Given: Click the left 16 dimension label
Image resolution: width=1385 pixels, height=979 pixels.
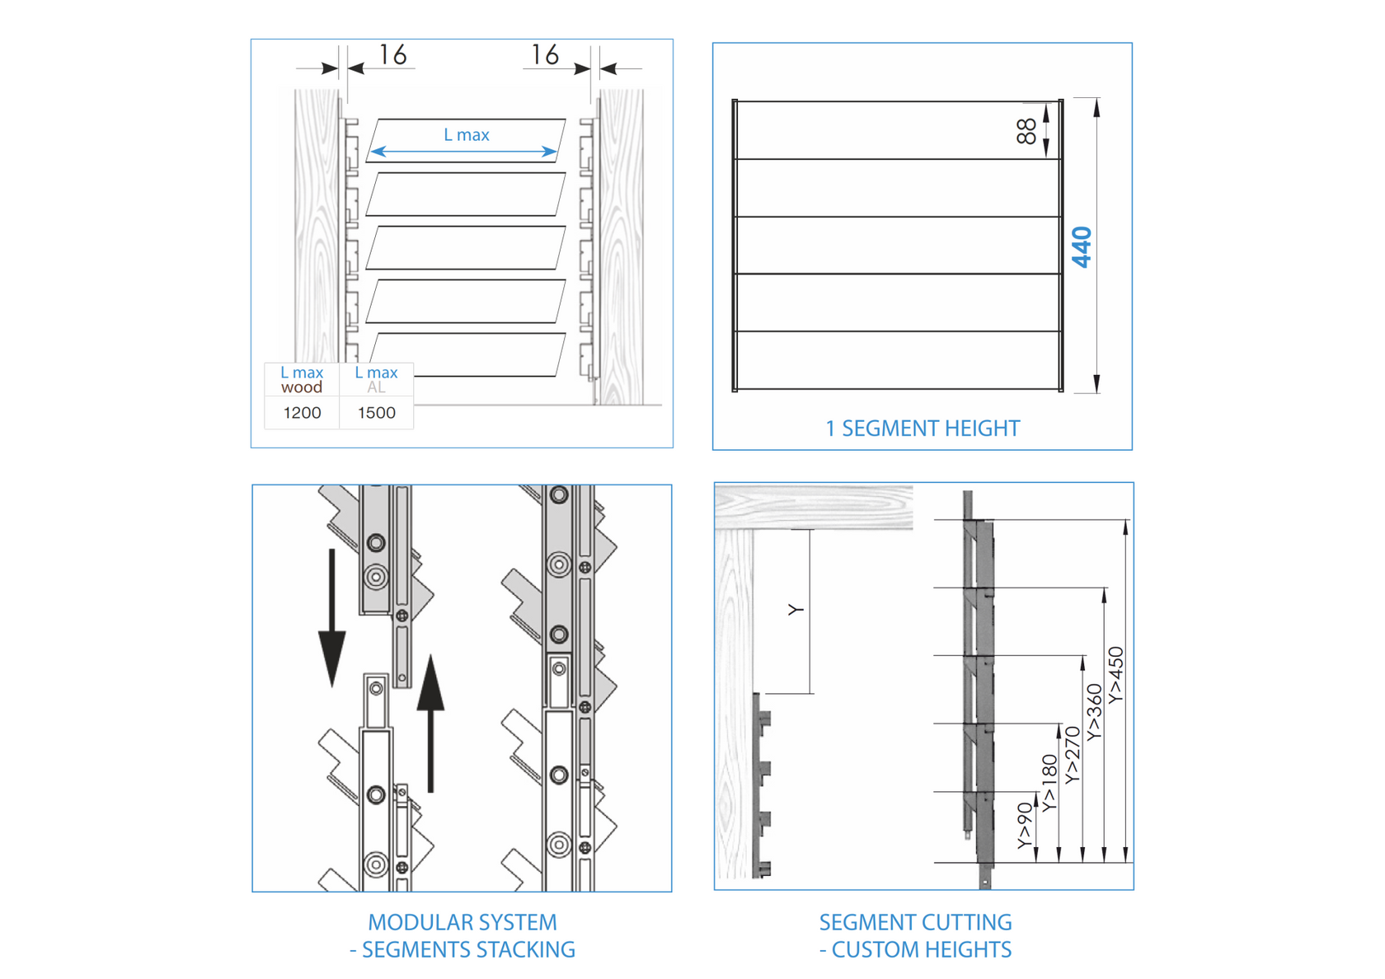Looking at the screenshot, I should tap(392, 55).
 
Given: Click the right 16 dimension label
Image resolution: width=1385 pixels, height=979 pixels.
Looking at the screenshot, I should tap(545, 55).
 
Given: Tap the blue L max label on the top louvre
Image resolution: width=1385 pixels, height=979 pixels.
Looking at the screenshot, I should tap(467, 135).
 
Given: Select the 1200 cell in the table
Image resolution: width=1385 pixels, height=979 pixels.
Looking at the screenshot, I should tap(302, 413).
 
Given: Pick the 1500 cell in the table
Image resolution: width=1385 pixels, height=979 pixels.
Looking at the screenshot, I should tap(376, 413).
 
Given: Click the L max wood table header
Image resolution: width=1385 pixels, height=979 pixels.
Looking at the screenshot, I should tap(302, 380).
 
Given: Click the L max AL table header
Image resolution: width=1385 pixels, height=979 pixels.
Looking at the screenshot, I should tap(376, 380).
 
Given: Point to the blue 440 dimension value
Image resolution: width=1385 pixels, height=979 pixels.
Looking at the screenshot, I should tap(1082, 247).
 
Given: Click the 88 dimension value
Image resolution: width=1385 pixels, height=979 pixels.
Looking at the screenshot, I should tap(1026, 131).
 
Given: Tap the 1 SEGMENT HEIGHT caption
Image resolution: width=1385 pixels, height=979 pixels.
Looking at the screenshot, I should tap(923, 429).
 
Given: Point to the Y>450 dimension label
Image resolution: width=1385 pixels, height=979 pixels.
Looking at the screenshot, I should tap(1115, 676).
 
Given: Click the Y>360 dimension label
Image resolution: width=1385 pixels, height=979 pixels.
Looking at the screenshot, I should tap(1094, 713).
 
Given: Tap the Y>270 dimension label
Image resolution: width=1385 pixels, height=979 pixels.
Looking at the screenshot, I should tap(1072, 755).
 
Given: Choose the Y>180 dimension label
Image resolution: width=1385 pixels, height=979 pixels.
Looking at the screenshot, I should tap(1049, 784).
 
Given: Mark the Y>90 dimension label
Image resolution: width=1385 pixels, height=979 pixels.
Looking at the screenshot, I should tap(1025, 826).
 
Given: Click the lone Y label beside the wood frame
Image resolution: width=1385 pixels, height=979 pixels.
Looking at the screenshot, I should tap(796, 610).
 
